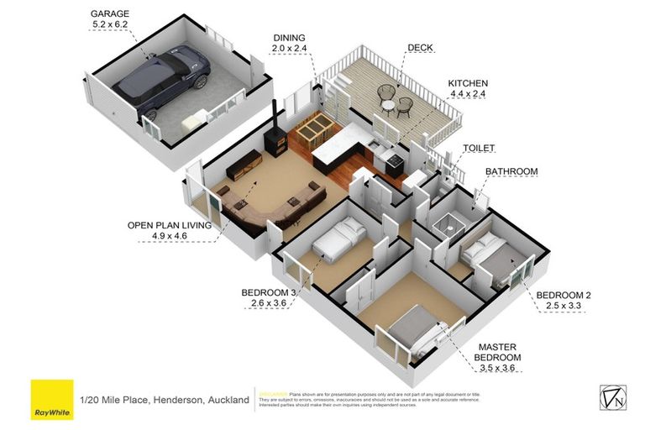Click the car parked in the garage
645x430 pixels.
pos(165,81)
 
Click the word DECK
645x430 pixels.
pos(420,48)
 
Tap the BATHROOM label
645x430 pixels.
pos(511,171)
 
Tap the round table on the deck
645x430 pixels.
pos(388,104)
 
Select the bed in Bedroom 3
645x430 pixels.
pos(337,241)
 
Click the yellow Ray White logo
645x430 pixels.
pos(51,400)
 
